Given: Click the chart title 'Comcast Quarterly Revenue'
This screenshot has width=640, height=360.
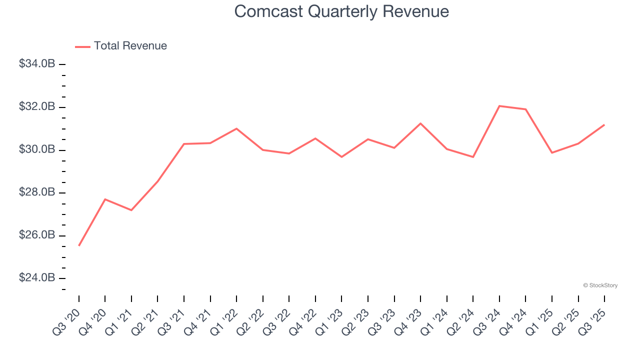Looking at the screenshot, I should pos(341,11).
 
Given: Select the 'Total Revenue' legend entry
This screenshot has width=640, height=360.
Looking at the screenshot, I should pos(130,46).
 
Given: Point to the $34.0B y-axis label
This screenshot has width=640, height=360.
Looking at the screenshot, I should pos(37,64).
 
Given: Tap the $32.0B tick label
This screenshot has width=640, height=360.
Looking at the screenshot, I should pos(37,107).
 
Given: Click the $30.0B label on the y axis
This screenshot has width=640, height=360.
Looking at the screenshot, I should pos(37,149).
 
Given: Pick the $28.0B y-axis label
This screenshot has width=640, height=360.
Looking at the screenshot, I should pos(37,192).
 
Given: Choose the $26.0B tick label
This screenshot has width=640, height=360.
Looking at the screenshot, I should pos(37,235).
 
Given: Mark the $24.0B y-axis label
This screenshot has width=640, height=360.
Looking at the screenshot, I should pos(37,278).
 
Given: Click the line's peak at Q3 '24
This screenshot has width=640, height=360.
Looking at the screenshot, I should pos(499,106).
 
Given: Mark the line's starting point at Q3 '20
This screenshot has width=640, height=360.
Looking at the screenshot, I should pos(79,245).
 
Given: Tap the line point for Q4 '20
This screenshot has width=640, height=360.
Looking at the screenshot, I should pos(105,199).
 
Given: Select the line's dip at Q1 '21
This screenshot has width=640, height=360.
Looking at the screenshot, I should pos(131,210).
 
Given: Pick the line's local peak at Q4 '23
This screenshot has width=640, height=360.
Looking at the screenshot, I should pos(420,123).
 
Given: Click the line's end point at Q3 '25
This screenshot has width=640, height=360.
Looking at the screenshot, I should pos(604,124).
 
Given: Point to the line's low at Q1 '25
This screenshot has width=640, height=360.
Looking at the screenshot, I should pos(552,152).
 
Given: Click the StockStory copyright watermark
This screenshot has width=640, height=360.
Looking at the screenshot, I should pos(600,285).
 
